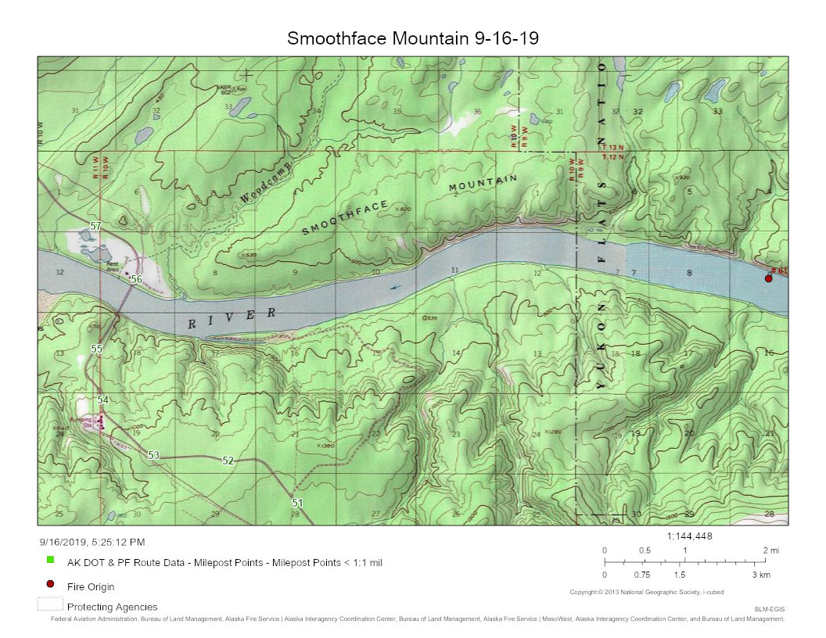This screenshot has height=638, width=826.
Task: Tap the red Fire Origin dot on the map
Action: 768,278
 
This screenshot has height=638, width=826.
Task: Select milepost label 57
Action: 95,226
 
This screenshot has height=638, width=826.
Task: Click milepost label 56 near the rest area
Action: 136,279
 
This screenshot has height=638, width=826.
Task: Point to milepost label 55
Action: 97,349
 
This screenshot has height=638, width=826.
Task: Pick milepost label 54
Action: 102,400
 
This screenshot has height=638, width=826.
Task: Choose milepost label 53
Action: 153,455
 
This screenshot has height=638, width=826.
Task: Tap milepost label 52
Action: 228,461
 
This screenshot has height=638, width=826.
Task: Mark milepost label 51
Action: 297,503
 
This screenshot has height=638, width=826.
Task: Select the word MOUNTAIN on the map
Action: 483,185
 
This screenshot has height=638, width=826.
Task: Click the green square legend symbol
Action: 50,560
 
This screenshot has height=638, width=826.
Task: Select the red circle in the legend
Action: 50,584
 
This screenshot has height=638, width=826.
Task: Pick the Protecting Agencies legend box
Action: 49,605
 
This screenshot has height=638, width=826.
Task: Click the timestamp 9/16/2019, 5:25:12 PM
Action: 92,541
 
